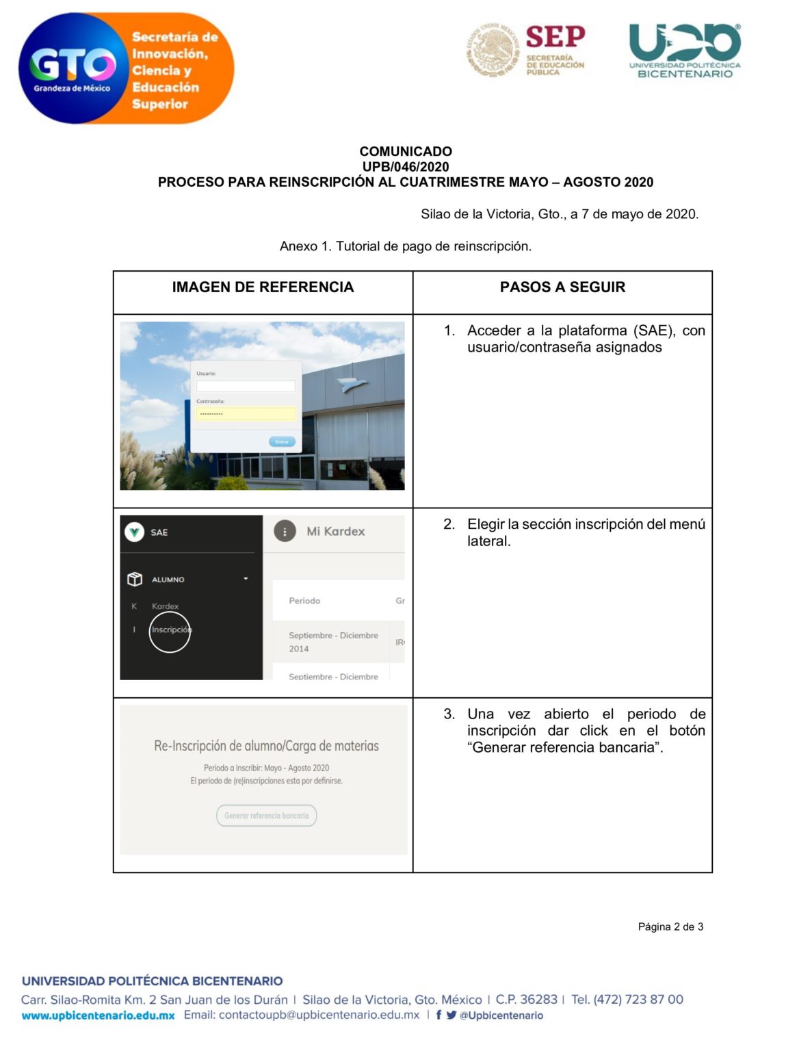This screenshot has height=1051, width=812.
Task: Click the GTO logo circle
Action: click(71, 68)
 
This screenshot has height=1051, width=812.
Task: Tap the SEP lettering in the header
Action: click(555, 37)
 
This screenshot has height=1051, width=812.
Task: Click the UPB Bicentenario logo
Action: click(684, 51)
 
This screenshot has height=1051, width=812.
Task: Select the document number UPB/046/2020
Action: click(406, 167)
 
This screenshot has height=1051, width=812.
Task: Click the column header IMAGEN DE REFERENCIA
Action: click(263, 287)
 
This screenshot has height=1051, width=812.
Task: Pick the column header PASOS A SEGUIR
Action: click(562, 287)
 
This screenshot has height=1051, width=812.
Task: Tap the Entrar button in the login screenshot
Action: click(282, 442)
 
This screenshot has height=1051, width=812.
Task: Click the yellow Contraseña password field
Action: click(246, 414)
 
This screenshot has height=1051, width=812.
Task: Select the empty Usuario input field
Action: click(246, 386)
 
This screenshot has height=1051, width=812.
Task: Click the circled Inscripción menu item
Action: click(170, 630)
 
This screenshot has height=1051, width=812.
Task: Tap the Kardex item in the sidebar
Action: click(165, 606)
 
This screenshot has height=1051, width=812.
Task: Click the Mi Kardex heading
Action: click(335, 532)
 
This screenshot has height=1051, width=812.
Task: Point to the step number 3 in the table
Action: click(449, 714)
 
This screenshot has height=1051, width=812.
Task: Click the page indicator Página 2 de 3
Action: click(670, 927)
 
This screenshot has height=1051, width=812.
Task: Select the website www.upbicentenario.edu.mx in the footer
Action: click(98, 1016)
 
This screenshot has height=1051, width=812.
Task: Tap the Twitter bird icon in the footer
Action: click(451, 1015)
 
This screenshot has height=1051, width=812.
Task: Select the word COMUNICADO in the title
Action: click(406, 151)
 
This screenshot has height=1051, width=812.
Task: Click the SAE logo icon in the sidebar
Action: click(134, 532)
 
